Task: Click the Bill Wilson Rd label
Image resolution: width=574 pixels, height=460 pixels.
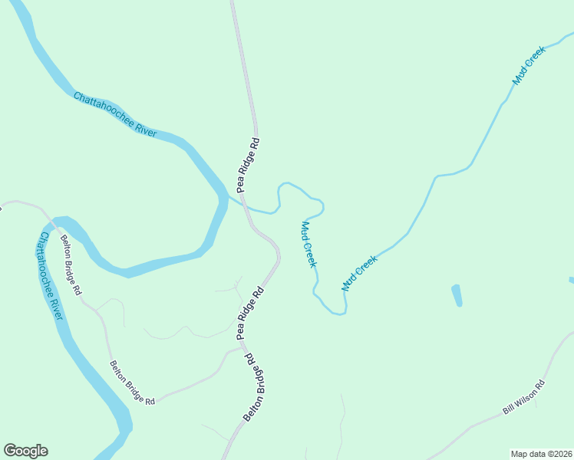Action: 523,397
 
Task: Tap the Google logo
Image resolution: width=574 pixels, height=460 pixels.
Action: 25,451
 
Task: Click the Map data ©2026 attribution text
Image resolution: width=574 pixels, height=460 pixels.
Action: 541,454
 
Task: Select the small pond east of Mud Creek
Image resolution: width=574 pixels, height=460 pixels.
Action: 457,295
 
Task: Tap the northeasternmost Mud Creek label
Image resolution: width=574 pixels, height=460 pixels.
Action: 529,65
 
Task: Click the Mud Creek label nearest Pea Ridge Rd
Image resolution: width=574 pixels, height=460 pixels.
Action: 308,244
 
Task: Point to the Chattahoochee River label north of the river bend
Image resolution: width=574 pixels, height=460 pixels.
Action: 115,114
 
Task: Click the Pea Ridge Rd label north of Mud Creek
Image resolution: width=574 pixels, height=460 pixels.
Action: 249,164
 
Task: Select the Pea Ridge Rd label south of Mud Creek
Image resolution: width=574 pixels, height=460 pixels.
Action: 250,313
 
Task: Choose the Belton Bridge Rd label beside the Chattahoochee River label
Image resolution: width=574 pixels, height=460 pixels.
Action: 71,265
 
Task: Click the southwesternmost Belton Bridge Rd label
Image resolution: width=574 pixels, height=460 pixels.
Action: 133,383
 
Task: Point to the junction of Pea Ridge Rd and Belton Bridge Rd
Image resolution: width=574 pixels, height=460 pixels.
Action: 244,347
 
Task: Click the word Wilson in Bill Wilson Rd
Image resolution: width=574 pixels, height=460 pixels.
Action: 524,397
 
